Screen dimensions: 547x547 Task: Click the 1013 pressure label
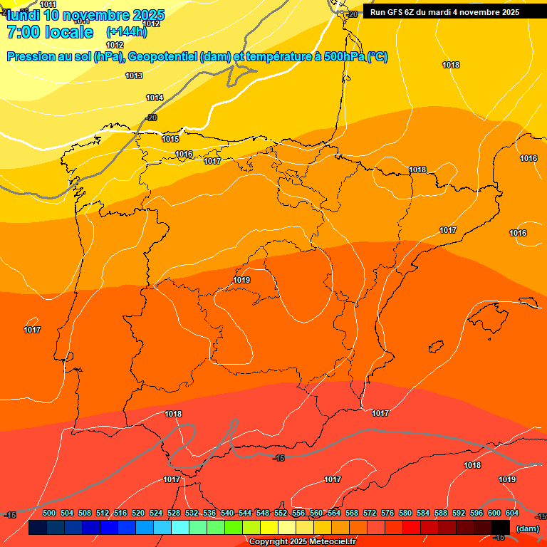[134, 75]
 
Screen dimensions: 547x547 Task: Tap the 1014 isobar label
[155, 98]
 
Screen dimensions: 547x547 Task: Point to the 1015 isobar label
[170, 139]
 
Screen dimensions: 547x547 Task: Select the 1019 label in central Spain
[241, 280]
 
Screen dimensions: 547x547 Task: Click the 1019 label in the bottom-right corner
[507, 479]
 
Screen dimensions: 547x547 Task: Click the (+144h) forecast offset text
[126, 31]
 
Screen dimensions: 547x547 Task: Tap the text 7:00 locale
[50, 32]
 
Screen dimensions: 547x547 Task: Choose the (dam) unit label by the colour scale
[528, 528]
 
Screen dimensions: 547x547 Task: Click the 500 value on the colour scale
[49, 513]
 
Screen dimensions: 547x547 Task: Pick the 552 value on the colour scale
[281, 513]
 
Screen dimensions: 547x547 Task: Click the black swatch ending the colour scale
[501, 527]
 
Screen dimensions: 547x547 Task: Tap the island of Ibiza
[435, 347]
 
